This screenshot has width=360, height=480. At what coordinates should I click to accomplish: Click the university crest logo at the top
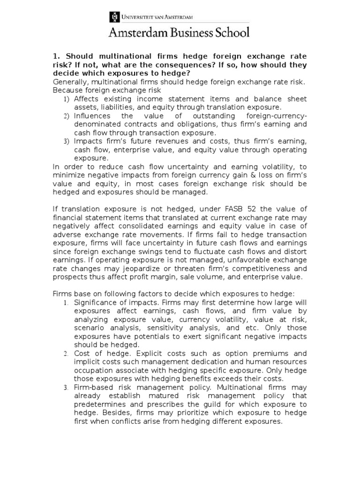(x=114, y=17)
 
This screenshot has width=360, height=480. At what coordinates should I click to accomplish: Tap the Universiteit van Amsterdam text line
(x=156, y=17)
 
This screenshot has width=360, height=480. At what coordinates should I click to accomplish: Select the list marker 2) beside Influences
(x=66, y=116)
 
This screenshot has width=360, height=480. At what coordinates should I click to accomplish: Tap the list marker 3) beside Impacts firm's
(x=66, y=142)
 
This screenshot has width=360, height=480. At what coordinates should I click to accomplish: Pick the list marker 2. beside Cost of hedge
(x=66, y=353)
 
